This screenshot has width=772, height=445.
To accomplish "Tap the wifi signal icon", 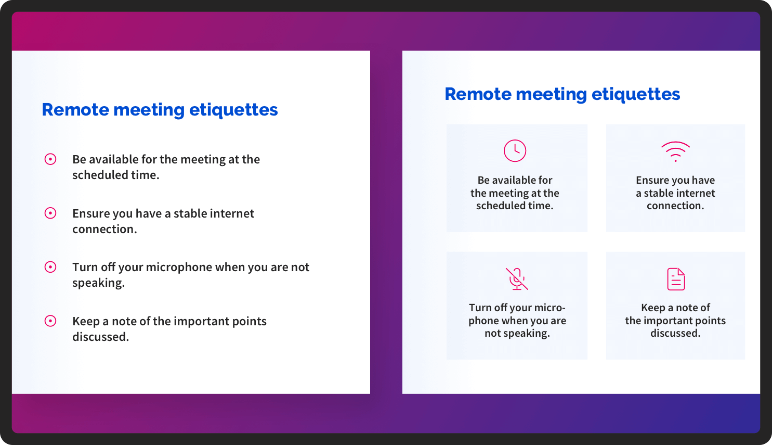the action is tap(675, 151).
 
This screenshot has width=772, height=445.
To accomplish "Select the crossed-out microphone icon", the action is tap(517, 279).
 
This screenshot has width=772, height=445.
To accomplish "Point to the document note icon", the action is tap(676, 279).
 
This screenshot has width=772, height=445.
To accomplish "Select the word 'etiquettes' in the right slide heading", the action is tap(635, 94).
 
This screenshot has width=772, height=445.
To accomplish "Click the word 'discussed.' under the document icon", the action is tap(675, 333).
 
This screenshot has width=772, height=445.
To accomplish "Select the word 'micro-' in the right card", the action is tap(547, 308).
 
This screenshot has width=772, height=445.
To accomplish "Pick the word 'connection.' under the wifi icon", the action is tap(675, 206).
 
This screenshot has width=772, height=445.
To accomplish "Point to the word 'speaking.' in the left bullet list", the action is tap(99, 283).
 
